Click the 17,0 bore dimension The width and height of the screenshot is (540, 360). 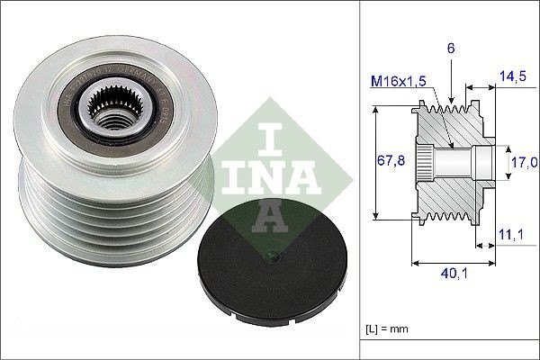click(x=525, y=162)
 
